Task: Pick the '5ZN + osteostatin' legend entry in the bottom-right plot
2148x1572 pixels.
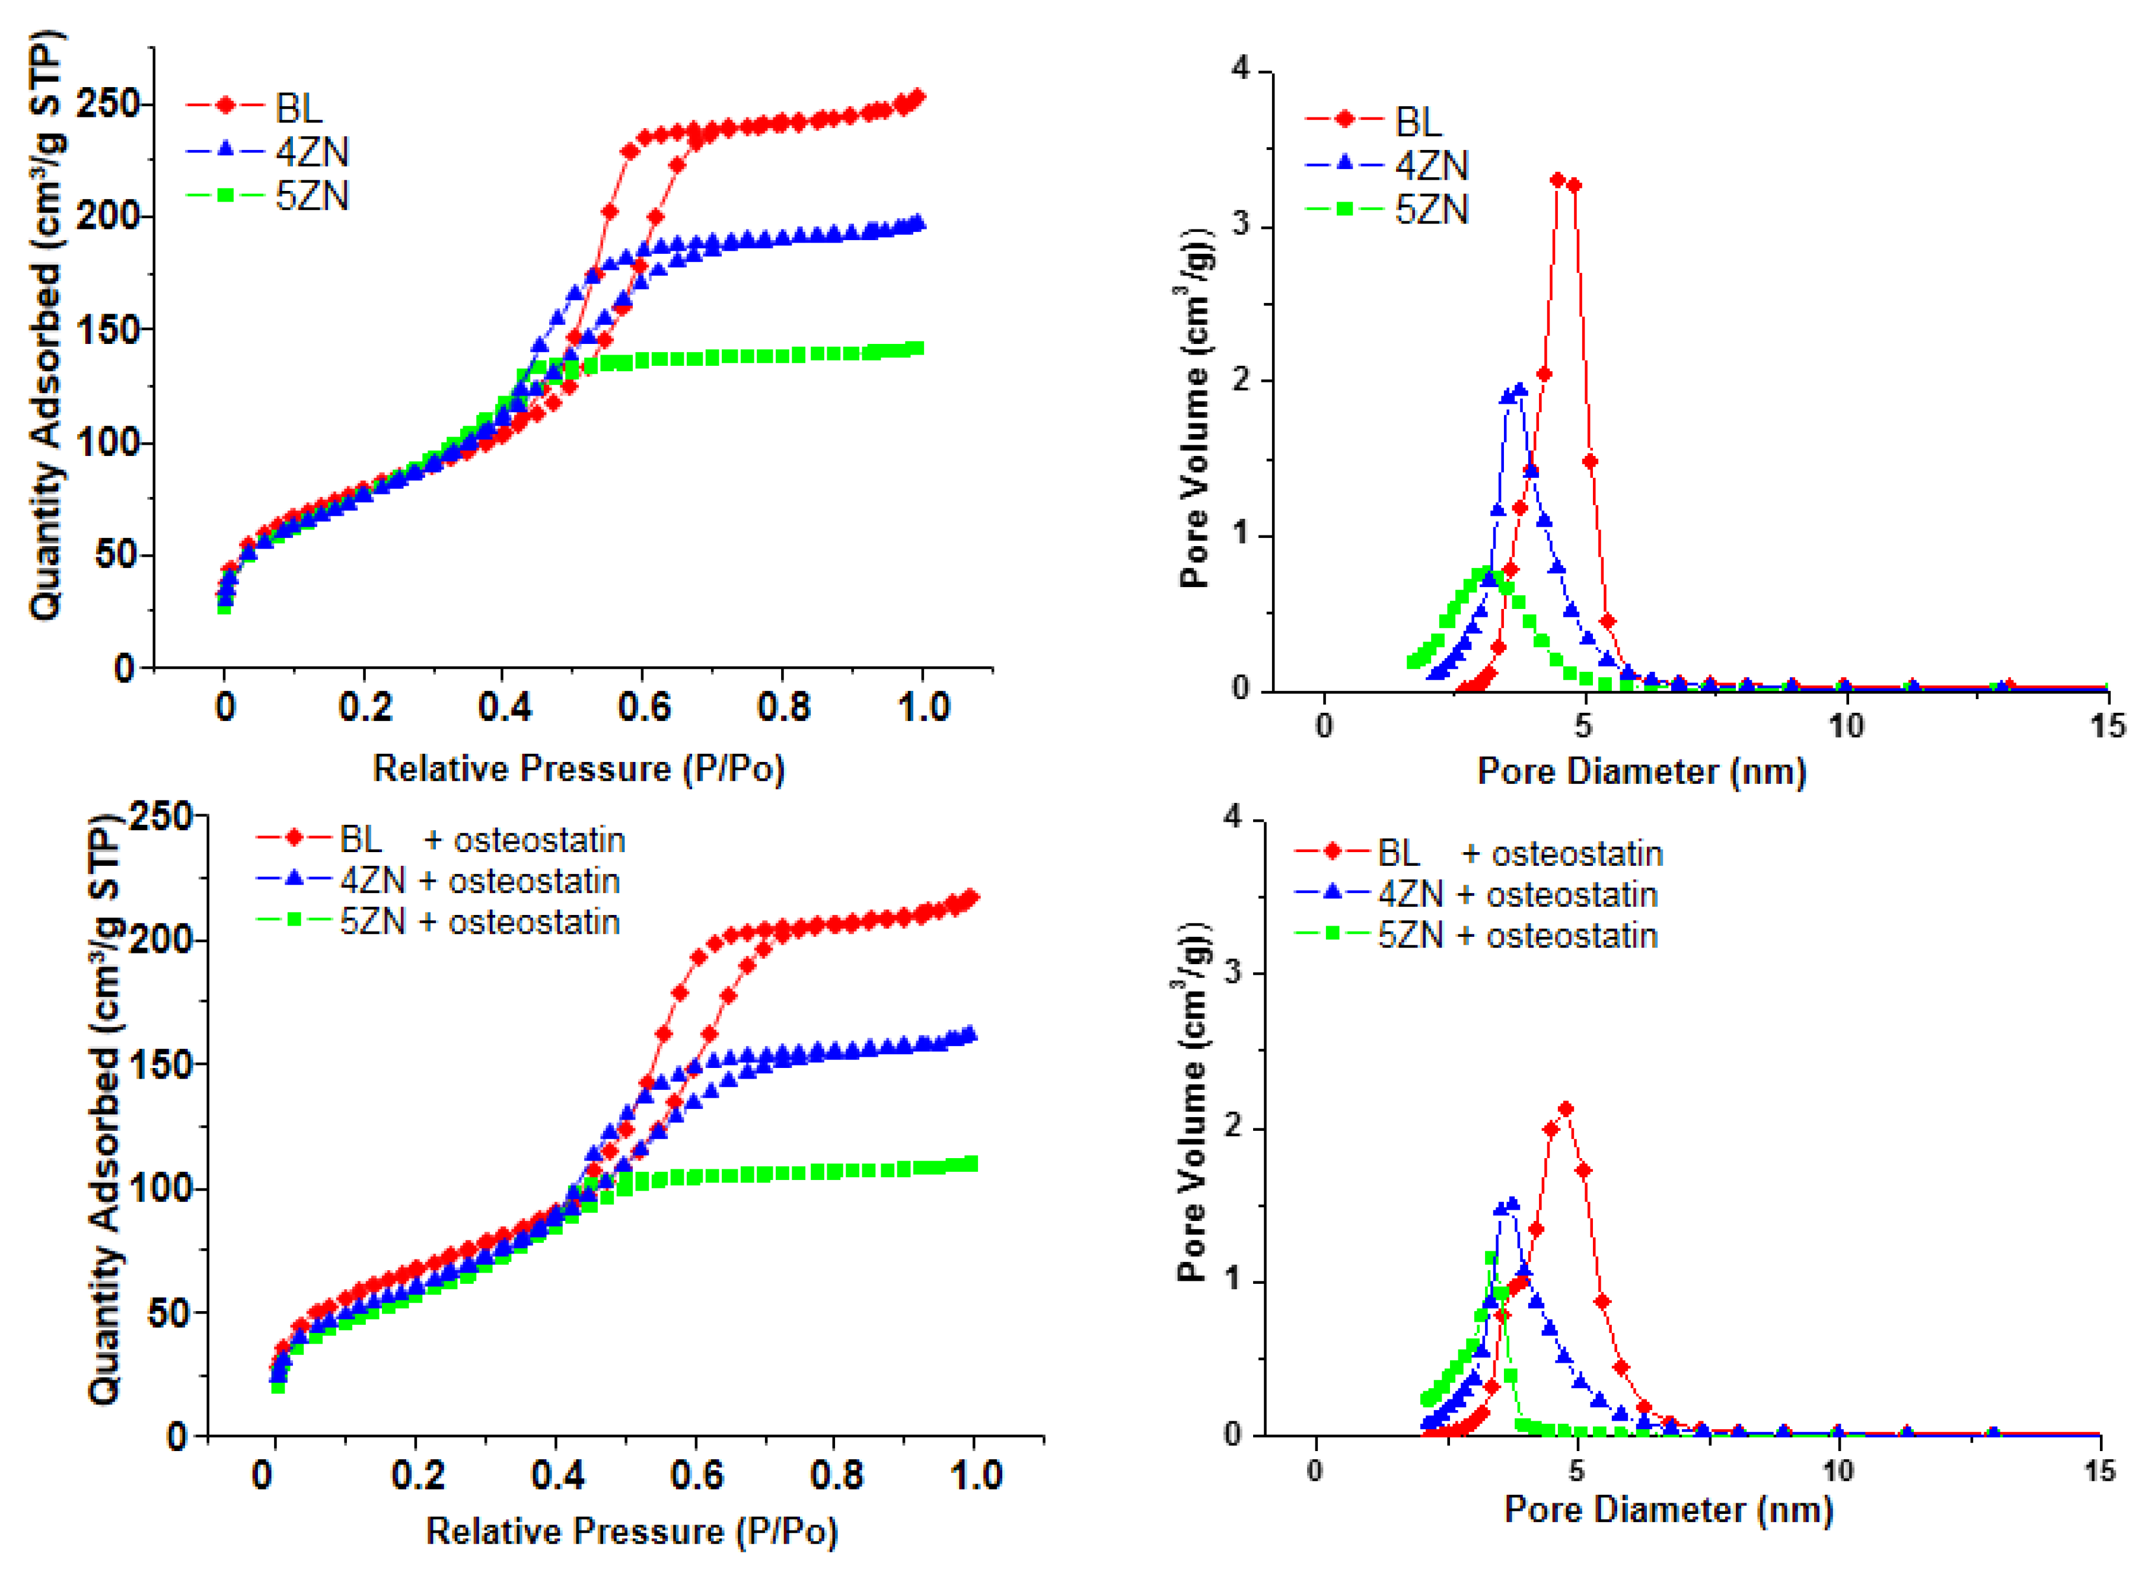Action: [1517, 935]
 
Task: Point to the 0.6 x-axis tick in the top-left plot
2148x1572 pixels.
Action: [643, 707]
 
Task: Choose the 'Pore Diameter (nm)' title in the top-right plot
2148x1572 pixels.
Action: [1641, 771]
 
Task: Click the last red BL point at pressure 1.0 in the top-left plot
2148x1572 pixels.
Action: [919, 97]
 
